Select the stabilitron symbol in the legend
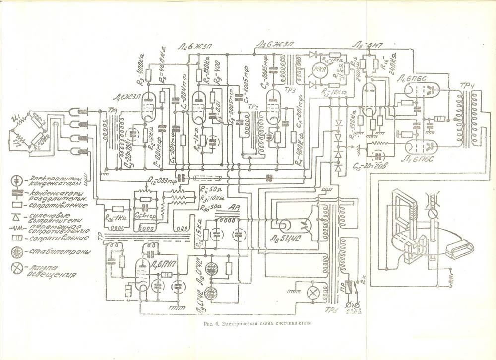point(18,252)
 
